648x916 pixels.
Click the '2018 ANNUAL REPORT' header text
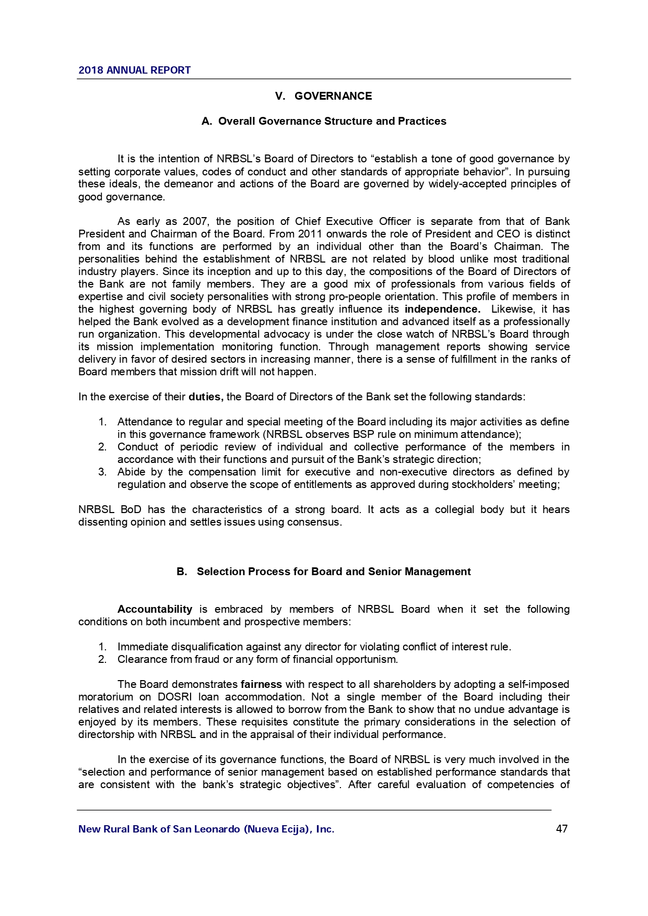point(134,70)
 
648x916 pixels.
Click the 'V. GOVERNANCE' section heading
point(323,96)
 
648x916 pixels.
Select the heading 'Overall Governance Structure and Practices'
point(332,121)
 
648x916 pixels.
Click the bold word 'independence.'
point(442,309)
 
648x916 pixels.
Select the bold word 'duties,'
point(206,397)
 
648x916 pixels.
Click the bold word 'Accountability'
point(155,609)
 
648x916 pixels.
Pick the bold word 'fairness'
point(261,684)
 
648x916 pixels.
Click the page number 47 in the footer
point(562,829)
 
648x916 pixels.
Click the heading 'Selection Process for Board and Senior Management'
point(334,572)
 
